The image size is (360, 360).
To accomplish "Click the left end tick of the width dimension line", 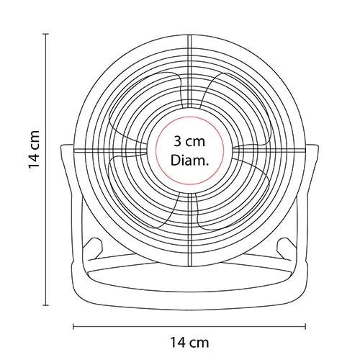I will point(73,326).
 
